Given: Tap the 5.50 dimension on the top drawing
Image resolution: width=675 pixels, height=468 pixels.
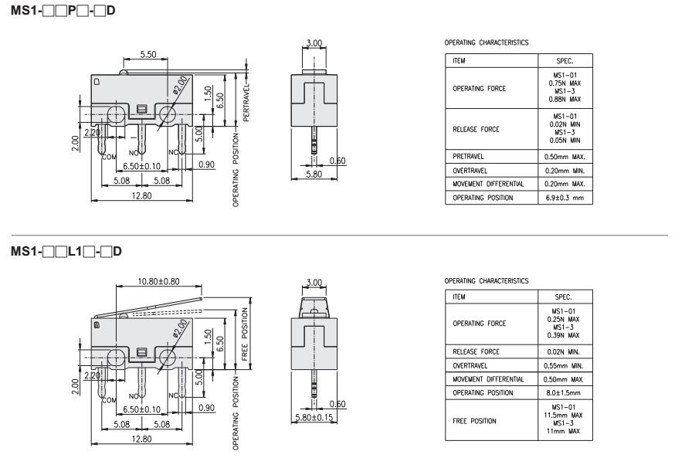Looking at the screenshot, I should (x=149, y=55).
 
